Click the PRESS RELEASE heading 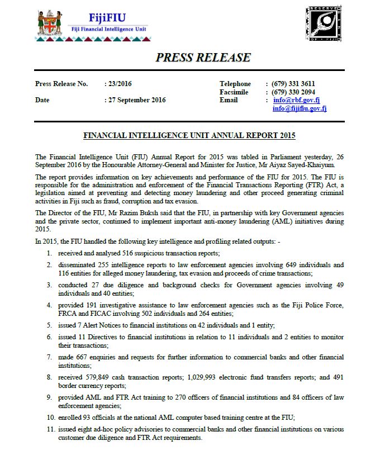pos(203,57)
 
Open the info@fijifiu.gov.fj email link pos(300,108)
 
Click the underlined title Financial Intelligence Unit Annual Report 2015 pos(189,135)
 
